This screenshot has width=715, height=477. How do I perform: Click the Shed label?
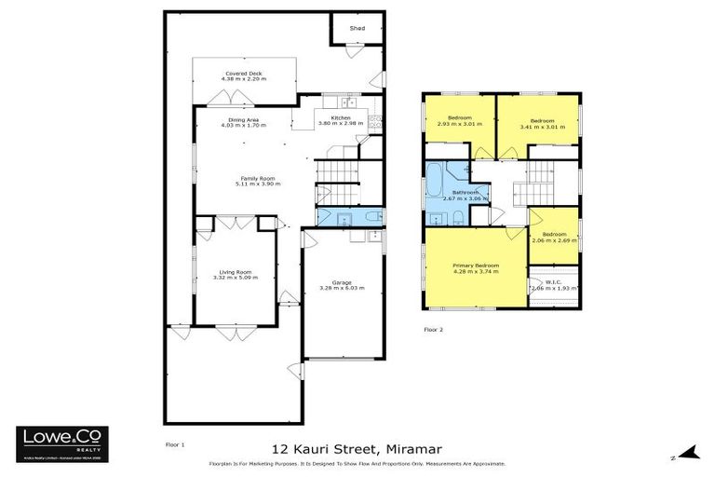[357, 29]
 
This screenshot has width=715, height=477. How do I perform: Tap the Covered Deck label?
[244, 73]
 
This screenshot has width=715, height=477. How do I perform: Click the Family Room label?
[257, 178]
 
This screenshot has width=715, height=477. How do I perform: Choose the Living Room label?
[232, 272]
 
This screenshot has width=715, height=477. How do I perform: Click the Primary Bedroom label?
[475, 266]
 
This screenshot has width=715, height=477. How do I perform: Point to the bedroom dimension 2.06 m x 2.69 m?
[553, 239]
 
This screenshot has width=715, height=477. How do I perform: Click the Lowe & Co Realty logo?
[62, 443]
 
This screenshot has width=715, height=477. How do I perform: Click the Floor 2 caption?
[434, 329]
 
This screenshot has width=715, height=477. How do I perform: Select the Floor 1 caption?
[174, 444]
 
